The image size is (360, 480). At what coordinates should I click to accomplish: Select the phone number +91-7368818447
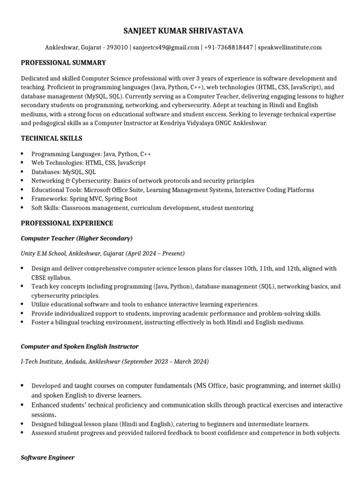tap(229, 47)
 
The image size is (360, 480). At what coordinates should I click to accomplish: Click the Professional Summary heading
tap(63, 62)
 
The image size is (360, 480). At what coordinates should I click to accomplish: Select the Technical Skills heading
tap(52, 138)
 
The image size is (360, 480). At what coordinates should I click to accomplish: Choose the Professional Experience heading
tap(67, 223)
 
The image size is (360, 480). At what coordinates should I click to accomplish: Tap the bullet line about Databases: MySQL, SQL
tap(63, 172)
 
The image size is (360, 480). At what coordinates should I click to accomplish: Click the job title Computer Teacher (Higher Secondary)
tap(76, 238)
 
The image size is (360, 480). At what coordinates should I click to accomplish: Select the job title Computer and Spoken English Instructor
tap(80, 346)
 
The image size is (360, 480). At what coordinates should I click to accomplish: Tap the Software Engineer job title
tap(47, 457)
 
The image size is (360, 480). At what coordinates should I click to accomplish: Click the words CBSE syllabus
tap(45, 277)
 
